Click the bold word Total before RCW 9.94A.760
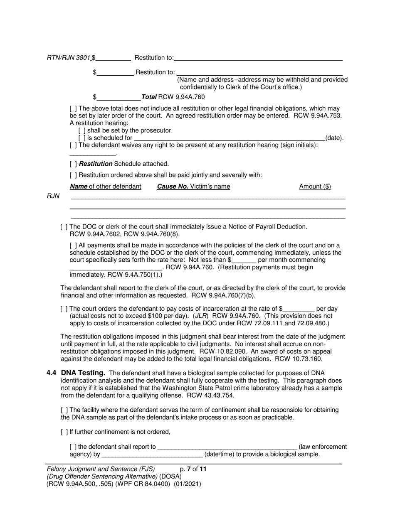(x=149, y=97)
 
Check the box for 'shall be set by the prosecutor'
(x=82, y=130)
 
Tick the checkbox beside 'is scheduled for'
(x=82, y=138)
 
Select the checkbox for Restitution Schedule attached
(x=73, y=164)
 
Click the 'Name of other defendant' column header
(x=105, y=187)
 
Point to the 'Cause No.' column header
(x=172, y=187)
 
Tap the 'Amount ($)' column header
(x=315, y=187)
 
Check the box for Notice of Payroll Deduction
(x=64, y=227)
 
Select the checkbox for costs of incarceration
(x=64, y=309)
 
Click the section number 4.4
(x=52, y=373)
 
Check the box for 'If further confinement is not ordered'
(x=64, y=432)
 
